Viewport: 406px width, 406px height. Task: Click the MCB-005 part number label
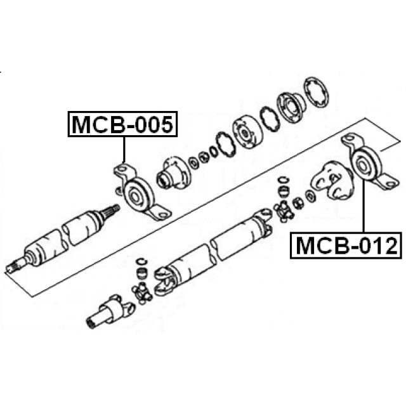pyautogui.click(x=122, y=124)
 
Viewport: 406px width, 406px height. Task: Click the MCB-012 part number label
pyautogui.click(x=346, y=246)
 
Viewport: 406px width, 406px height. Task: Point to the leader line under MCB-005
pyautogui.click(x=124, y=150)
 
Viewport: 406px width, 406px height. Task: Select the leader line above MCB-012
pyautogui.click(x=363, y=206)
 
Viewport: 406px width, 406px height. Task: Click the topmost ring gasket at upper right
pyautogui.click(x=316, y=92)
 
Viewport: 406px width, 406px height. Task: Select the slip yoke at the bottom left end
pyautogui.click(x=110, y=312)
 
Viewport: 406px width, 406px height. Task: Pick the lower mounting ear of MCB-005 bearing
pyautogui.click(x=159, y=213)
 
